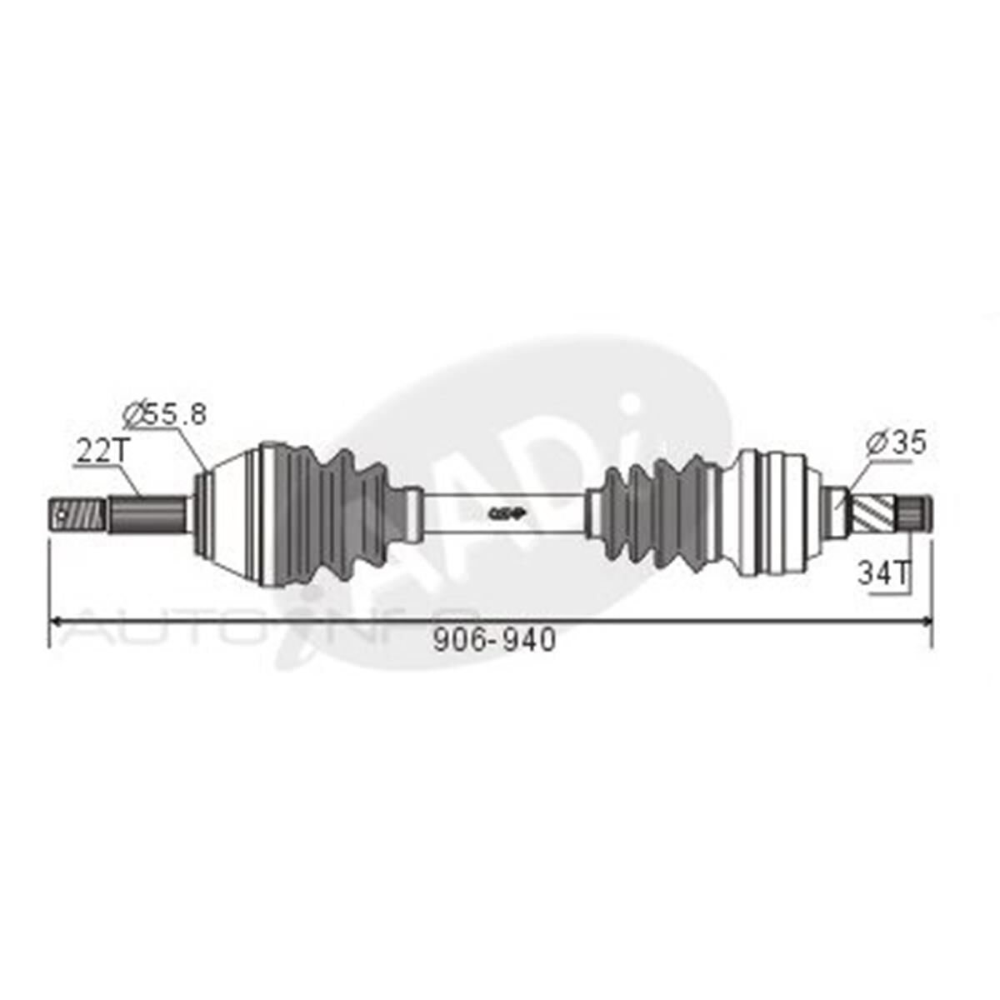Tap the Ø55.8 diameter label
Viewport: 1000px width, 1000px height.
[x=164, y=413]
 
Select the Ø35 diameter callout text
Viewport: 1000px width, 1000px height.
[x=896, y=442]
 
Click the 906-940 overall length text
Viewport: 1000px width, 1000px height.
[x=495, y=640]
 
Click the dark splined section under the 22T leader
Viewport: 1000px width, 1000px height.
[x=147, y=513]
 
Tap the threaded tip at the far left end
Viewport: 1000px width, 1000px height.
[x=76, y=514]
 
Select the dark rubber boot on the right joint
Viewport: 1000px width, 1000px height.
[x=662, y=515]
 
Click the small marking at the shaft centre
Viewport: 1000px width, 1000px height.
[x=504, y=514]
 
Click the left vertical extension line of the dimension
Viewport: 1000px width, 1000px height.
[x=50, y=592]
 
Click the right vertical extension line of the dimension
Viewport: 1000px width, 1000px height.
[x=931, y=592]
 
